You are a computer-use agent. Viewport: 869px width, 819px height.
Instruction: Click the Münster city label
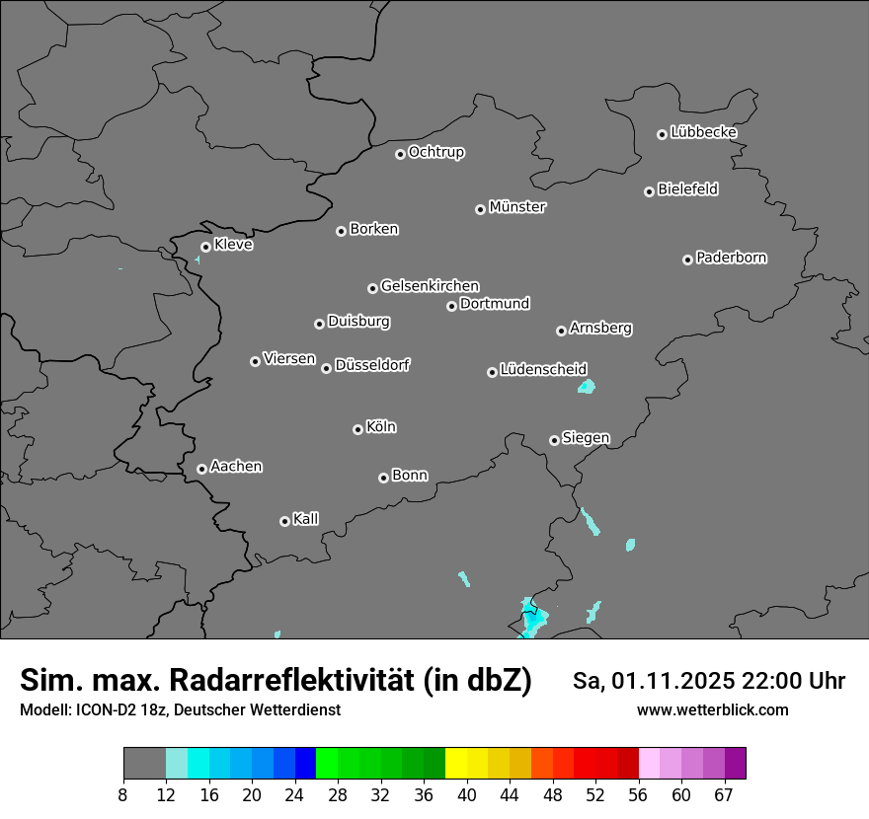tap(517, 207)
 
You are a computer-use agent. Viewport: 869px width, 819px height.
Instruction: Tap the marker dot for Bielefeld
tap(650, 191)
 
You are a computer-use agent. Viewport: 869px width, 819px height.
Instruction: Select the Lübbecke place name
tap(703, 132)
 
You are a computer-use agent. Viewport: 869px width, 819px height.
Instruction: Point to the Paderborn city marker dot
tap(688, 260)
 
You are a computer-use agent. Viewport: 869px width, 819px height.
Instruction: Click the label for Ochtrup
tap(436, 152)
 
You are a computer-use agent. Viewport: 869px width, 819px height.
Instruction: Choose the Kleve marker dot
tap(205, 247)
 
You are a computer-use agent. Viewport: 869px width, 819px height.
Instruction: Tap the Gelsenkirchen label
tap(430, 286)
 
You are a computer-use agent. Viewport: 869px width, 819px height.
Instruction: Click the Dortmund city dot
tap(451, 306)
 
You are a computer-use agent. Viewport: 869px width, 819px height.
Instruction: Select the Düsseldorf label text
tap(372, 365)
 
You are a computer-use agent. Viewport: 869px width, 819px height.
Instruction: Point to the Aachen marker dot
tap(201, 469)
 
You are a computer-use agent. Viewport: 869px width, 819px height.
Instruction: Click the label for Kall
tap(306, 519)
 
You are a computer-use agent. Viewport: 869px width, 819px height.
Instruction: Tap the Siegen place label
tap(586, 438)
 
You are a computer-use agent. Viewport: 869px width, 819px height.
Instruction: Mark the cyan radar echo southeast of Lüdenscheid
tap(587, 386)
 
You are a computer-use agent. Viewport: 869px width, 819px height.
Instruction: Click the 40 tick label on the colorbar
tap(467, 795)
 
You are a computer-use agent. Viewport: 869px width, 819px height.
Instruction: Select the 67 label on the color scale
tap(724, 795)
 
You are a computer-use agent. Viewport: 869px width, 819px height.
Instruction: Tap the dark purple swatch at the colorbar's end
tap(736, 764)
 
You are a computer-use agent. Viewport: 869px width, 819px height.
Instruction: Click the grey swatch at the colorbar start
tap(144, 764)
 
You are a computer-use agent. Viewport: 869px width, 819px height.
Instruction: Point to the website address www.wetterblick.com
tap(713, 709)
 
